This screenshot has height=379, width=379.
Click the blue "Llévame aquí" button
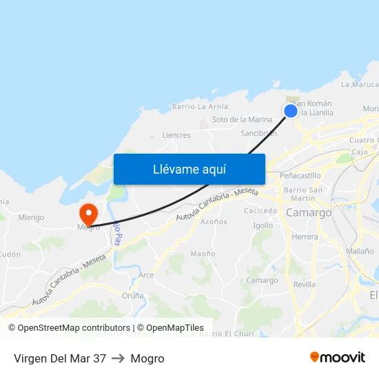click(189, 169)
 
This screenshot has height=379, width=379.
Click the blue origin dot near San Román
click(291, 110)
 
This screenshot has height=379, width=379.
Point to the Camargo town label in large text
click(309, 213)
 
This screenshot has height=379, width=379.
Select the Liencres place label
click(176, 135)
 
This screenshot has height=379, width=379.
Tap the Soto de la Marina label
click(242, 119)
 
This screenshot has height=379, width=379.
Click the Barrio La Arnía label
click(200, 106)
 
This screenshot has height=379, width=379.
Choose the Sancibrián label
click(258, 133)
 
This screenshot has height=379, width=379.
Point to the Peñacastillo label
click(301, 176)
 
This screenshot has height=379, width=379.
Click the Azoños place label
click(214, 222)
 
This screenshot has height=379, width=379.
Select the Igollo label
click(263, 225)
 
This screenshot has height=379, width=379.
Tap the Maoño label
click(203, 254)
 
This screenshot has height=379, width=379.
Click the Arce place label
click(146, 275)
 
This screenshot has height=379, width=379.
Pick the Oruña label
click(133, 296)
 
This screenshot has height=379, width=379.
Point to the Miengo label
click(31, 218)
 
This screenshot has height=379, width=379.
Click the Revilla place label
click(304, 284)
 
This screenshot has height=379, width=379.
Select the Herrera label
click(305, 236)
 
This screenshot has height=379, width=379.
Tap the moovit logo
click(338, 358)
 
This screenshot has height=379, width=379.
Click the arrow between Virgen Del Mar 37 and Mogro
click(118, 358)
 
